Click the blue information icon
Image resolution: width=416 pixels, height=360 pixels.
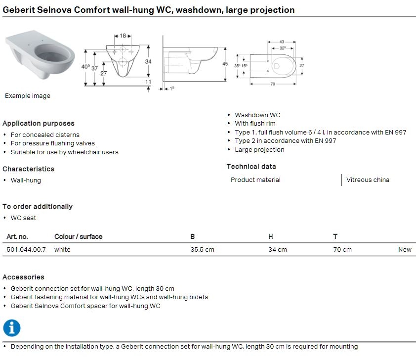point(12,328)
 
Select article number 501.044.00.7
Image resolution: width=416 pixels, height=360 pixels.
point(26,250)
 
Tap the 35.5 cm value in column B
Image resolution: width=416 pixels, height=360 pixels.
point(202,250)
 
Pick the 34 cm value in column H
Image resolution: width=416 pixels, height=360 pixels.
point(277,250)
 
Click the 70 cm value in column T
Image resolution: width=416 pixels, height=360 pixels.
point(342,250)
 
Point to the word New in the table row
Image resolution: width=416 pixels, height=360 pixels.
point(405,250)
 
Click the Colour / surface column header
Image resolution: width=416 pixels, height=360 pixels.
point(78,237)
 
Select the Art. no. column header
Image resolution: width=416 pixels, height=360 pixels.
point(17,237)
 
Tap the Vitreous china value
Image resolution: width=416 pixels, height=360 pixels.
point(368,180)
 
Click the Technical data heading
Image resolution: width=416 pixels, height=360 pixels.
point(251,167)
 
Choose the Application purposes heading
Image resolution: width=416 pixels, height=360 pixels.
point(39,124)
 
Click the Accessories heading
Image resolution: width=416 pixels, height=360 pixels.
point(23,277)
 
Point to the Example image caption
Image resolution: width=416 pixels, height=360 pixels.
point(28,96)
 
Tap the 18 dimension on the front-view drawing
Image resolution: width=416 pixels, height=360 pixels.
point(123,36)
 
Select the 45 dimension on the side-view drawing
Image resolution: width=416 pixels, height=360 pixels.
point(225,64)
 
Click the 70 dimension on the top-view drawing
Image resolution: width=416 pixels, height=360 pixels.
point(272,85)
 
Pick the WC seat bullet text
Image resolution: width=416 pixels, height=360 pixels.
point(23,218)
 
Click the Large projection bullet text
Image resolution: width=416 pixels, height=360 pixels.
point(259,150)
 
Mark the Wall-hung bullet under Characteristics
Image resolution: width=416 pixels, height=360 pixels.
point(26,180)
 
